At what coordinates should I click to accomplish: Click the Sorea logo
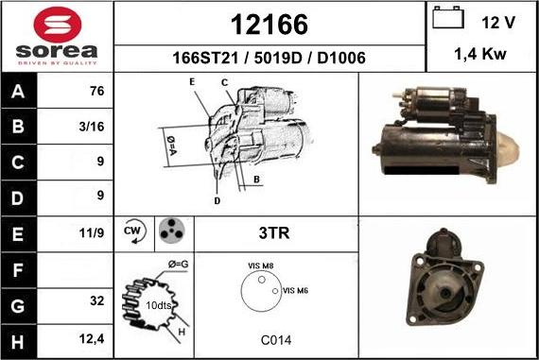[57, 36]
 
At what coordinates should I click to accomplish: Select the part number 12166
[269, 23]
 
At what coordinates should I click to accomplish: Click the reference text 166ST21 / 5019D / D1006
[269, 58]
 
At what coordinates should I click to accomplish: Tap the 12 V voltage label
[497, 21]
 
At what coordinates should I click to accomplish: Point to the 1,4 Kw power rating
[480, 55]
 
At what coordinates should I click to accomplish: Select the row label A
[19, 93]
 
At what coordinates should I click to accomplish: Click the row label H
[19, 337]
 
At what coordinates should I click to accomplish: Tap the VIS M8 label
[260, 266]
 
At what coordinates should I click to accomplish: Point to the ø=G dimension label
[178, 262]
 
